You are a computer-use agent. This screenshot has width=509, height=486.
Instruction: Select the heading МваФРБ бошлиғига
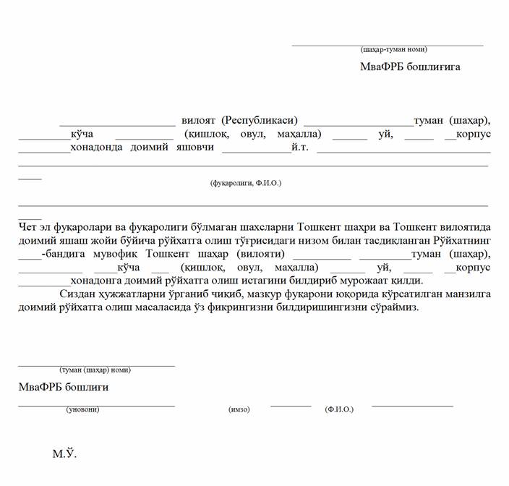[x=410, y=67]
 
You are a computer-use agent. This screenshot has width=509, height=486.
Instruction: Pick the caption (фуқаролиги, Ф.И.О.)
[x=245, y=183]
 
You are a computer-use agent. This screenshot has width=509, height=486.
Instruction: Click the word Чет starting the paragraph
[x=27, y=227]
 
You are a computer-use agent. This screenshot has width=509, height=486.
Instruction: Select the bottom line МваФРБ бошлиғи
[x=64, y=387]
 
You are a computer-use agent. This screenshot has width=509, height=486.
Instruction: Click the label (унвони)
[x=82, y=409]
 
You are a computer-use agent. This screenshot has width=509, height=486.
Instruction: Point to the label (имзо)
[x=239, y=409]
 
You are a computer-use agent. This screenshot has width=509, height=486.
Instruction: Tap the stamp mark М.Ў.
[x=64, y=454]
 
